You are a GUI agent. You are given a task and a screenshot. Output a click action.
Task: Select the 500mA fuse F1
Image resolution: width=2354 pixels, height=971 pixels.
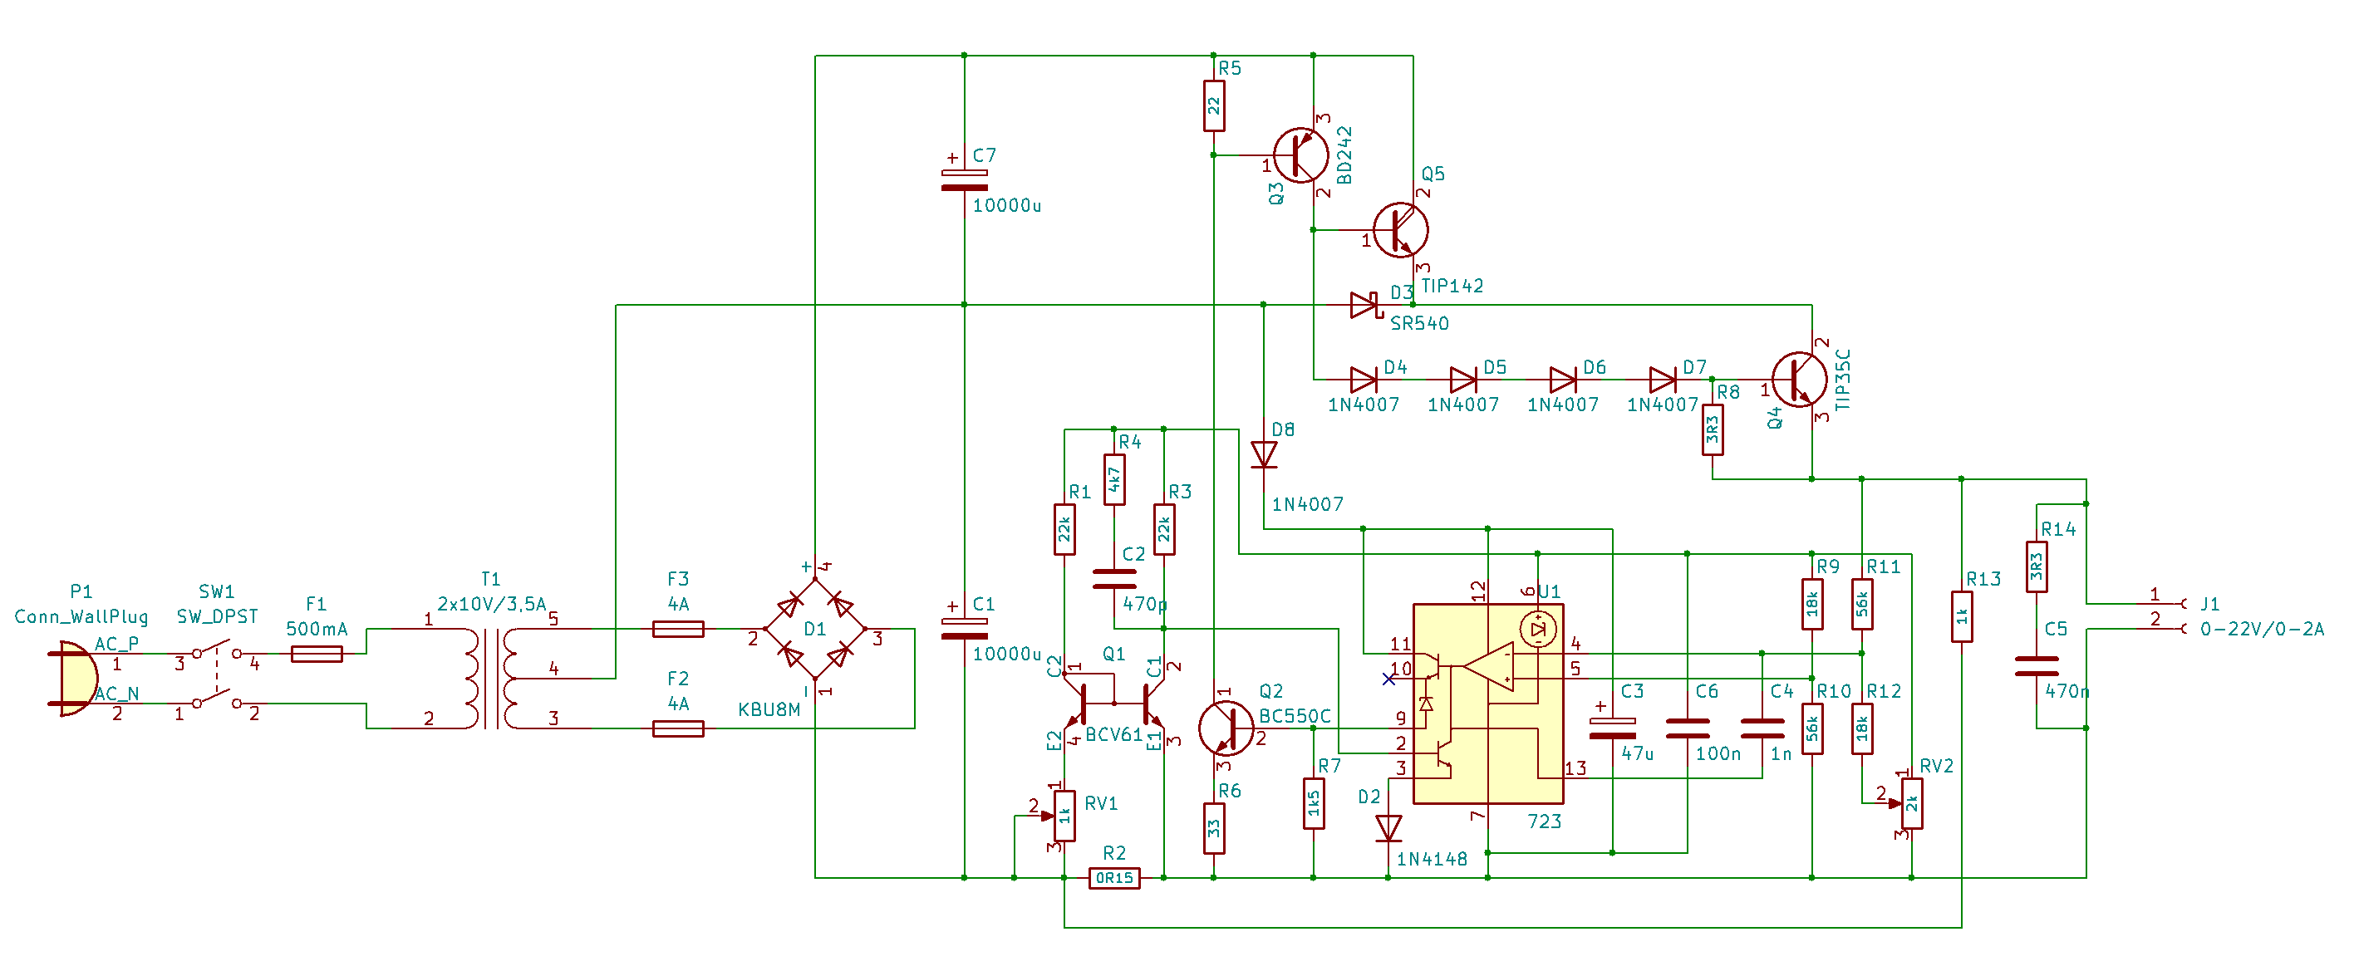click(317, 654)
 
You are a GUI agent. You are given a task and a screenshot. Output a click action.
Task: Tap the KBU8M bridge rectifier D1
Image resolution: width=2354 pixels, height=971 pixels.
click(815, 630)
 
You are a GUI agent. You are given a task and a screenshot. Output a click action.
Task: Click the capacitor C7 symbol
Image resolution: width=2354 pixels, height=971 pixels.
click(964, 180)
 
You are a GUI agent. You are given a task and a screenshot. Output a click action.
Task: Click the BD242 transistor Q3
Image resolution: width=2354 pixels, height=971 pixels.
click(1300, 155)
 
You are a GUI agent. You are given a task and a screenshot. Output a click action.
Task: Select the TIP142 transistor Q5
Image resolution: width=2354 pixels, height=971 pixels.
click(1401, 230)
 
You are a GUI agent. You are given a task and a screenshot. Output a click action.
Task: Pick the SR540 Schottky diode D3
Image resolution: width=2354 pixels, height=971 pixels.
click(1364, 305)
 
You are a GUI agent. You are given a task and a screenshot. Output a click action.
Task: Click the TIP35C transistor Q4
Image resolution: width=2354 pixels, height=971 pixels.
click(1799, 380)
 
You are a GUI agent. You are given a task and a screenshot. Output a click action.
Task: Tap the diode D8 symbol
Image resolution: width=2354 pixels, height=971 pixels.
click(1264, 455)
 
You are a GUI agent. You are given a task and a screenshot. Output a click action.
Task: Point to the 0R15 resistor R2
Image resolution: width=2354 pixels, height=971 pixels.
click(1114, 878)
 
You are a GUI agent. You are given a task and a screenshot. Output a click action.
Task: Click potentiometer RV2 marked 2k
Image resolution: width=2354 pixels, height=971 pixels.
click(1912, 804)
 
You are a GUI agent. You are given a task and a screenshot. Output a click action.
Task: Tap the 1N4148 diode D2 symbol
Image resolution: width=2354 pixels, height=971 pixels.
click(1388, 828)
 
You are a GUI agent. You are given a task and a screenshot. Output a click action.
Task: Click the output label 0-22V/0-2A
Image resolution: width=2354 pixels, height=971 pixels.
click(2262, 630)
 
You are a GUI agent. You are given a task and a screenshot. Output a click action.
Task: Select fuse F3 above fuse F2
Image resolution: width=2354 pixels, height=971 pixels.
click(678, 629)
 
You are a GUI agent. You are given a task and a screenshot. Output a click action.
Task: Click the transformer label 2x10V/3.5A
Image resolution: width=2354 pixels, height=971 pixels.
click(492, 604)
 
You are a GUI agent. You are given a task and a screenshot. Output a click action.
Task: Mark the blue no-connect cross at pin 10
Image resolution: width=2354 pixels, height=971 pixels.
click(1389, 679)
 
